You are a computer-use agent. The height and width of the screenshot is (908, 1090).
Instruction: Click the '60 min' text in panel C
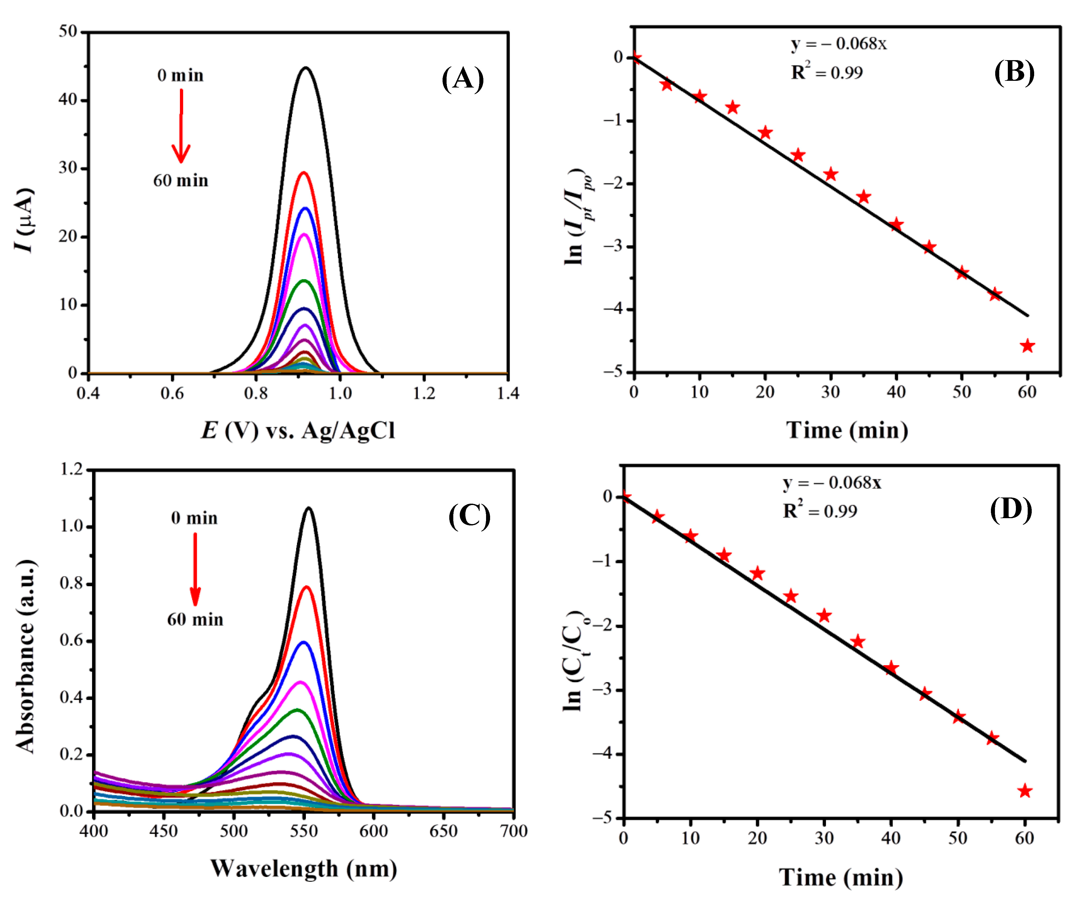pyautogui.click(x=195, y=619)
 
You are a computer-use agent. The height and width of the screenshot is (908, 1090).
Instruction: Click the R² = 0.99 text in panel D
pyautogui.click(x=820, y=511)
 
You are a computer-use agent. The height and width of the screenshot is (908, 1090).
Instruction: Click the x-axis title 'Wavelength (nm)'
pyautogui.click(x=304, y=868)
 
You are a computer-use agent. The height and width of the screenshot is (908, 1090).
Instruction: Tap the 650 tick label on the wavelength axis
pyautogui.click(x=443, y=831)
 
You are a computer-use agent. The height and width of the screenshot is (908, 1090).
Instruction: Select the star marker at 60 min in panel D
pyautogui.click(x=1024, y=791)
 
